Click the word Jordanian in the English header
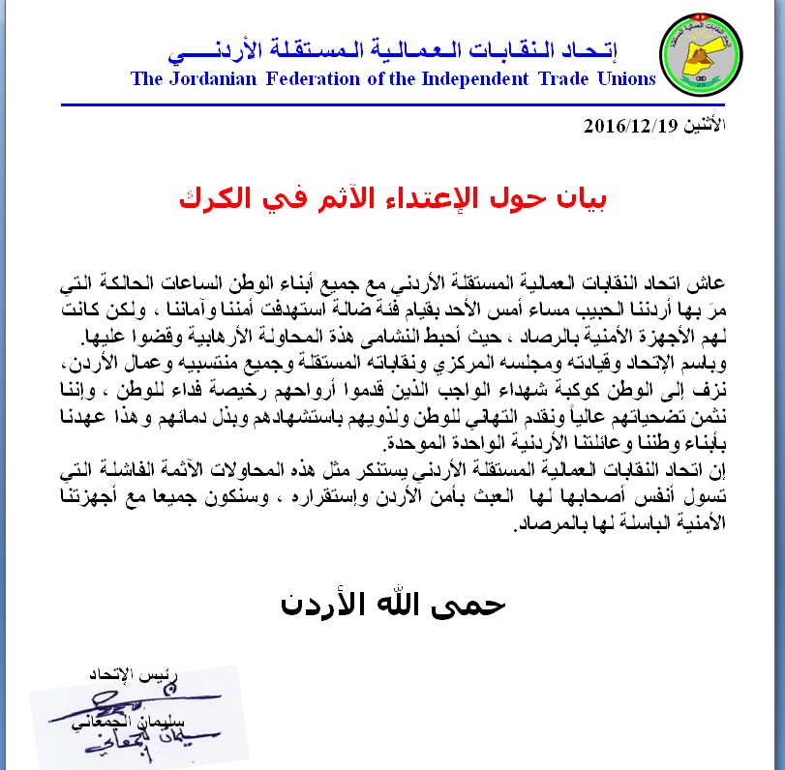211,79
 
